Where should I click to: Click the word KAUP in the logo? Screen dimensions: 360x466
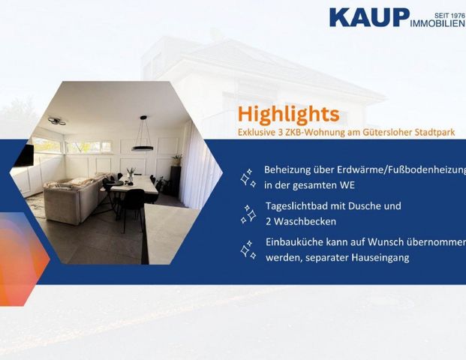click(369, 18)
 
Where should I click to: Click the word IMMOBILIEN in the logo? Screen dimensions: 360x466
click(438, 24)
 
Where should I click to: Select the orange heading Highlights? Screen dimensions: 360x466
click(288, 115)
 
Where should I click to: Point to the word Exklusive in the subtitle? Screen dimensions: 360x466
click(260, 132)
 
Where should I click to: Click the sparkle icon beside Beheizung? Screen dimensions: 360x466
click(248, 178)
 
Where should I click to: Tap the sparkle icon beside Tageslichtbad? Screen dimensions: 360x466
click(248, 214)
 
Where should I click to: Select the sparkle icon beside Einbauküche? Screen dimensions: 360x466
click(248, 250)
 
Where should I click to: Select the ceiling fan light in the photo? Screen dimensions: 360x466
click(56, 121)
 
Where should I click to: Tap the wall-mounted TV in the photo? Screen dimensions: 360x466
click(26, 156)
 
